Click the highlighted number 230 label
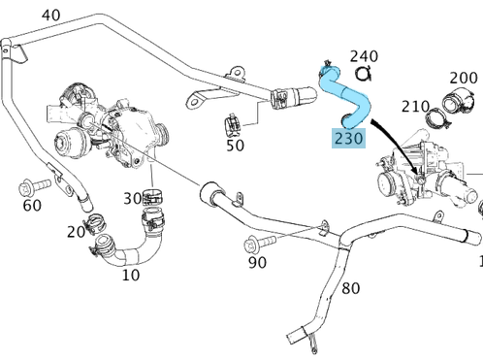point(348,138)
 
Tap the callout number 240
point(364,56)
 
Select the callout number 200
point(464,78)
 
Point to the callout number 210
point(415,107)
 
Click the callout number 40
point(51,16)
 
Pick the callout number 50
point(235,146)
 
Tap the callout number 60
point(32,206)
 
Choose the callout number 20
point(76,232)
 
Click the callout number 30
point(133,199)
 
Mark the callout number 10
point(131,276)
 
